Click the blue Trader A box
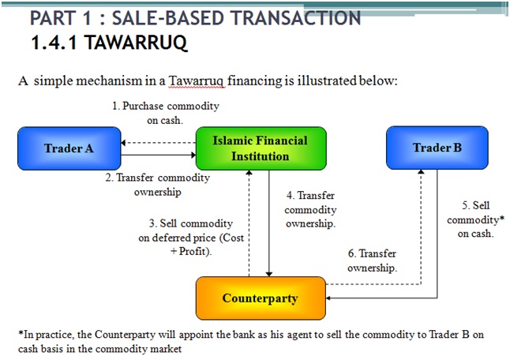69,148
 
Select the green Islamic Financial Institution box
260,148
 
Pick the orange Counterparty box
260,298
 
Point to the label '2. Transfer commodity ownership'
158,185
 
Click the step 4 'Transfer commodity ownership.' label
310,209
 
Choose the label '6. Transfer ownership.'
372,261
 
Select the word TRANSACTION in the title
289,17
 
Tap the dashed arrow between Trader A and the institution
157,144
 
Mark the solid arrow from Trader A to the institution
157,156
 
